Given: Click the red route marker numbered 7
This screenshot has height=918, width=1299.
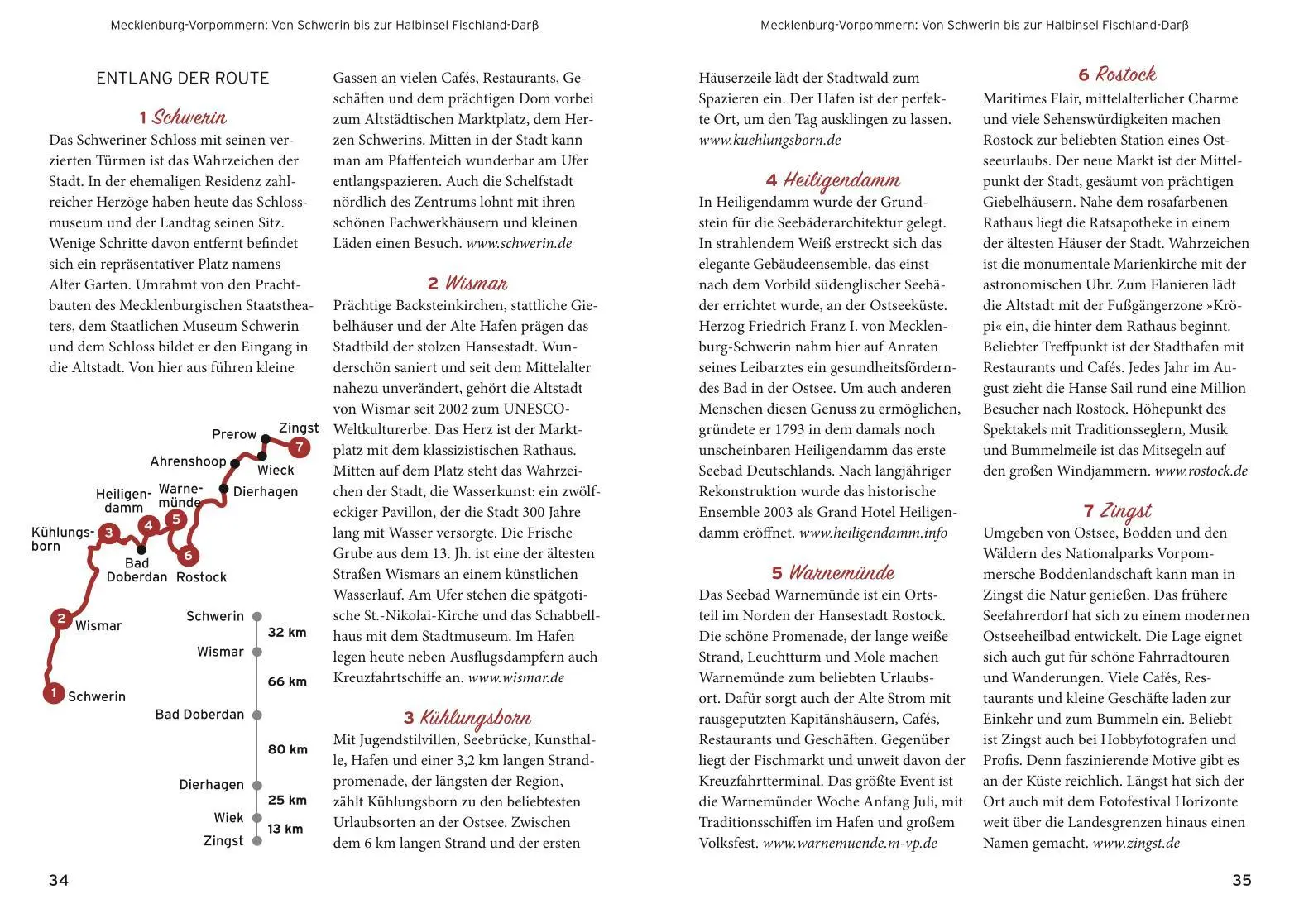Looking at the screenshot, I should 299,447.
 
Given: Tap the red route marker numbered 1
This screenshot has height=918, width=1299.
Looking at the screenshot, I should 54,693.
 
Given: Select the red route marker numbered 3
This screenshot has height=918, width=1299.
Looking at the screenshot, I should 108,533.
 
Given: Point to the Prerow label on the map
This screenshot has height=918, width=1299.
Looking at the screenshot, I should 234,434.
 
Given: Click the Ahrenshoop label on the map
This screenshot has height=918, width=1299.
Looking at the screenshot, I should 188,461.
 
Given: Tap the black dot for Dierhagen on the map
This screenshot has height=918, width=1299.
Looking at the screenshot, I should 223,489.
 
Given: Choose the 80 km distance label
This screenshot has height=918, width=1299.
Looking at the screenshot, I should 287,749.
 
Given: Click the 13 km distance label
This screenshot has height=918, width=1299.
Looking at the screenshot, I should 285,829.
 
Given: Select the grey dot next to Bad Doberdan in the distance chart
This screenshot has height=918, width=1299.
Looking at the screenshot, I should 257,715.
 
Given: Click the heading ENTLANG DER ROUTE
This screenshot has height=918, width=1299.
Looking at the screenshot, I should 183,79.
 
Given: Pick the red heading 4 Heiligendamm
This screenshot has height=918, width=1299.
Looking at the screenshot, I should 832,180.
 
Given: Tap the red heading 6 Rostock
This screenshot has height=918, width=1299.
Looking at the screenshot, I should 1116,74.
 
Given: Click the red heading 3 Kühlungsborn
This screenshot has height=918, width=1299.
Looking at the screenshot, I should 467,717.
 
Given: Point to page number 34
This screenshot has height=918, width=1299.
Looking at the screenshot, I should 59,880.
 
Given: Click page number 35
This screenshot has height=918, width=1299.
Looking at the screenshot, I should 1241,880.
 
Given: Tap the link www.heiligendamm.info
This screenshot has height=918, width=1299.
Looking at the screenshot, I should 873,533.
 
